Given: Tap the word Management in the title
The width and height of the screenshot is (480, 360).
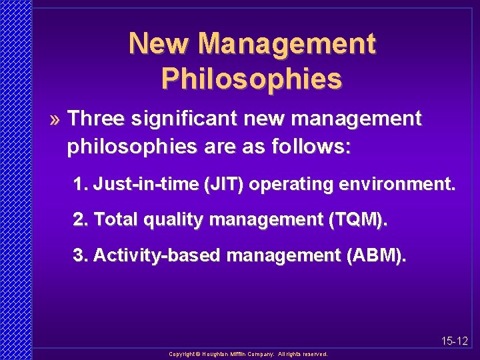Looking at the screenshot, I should click(287, 45).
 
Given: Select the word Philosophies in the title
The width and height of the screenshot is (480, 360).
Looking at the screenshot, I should click(251, 79).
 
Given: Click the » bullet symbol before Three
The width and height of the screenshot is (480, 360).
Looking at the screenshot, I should click(57, 119).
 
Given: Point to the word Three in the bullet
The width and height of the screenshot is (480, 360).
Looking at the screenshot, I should click(95, 119).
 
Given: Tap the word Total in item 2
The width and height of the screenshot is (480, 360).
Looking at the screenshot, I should click(115, 220).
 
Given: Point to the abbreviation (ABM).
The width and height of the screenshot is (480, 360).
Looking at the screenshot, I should click(373, 255).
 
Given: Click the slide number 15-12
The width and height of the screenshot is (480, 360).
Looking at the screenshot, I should click(455, 341).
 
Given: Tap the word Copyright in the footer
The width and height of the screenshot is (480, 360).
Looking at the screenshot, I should click(182, 355).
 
